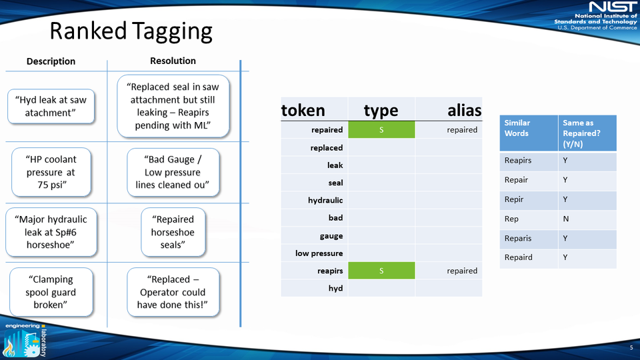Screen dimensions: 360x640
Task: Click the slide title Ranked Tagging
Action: click(x=131, y=31)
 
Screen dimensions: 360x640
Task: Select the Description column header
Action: click(x=51, y=61)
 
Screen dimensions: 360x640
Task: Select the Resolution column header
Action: click(x=173, y=61)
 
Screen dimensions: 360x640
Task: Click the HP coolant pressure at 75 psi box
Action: click(x=51, y=172)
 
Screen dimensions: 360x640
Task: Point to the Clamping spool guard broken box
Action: click(x=51, y=292)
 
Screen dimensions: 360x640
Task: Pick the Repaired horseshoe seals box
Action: click(x=173, y=232)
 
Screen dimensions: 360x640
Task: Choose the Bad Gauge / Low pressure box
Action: click(x=173, y=172)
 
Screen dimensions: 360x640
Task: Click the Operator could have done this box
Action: click(x=173, y=292)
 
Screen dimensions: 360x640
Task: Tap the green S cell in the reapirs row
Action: click(x=381, y=271)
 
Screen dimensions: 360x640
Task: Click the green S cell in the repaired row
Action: click(x=381, y=130)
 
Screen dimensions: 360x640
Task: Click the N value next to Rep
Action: click(x=565, y=219)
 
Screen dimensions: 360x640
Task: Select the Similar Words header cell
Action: click(x=517, y=128)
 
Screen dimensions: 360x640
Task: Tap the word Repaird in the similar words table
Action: click(x=518, y=257)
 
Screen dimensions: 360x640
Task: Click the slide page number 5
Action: click(x=631, y=348)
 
